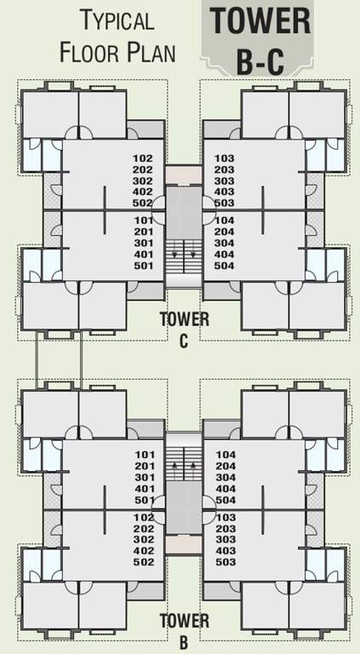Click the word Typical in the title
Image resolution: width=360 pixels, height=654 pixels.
click(117, 20)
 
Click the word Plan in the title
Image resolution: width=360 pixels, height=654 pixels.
click(151, 53)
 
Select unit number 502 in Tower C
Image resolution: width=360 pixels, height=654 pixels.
click(143, 203)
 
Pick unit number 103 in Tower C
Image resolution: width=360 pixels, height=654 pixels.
click(225, 158)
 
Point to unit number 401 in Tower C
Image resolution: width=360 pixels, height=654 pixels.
click(143, 254)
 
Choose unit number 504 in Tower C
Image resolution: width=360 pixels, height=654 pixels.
click(225, 265)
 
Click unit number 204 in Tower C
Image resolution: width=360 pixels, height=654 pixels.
click(225, 232)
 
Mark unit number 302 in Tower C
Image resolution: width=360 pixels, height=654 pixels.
click(143, 181)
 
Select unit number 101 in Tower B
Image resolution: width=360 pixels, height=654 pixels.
click(143, 456)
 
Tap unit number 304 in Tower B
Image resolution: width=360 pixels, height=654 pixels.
click(225, 478)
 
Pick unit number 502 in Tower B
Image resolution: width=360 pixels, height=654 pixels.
click(143, 562)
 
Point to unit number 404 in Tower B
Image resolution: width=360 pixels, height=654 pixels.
click(225, 489)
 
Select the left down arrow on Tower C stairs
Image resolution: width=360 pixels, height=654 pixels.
click(174, 254)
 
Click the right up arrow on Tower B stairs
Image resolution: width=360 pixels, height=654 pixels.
click(194, 466)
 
